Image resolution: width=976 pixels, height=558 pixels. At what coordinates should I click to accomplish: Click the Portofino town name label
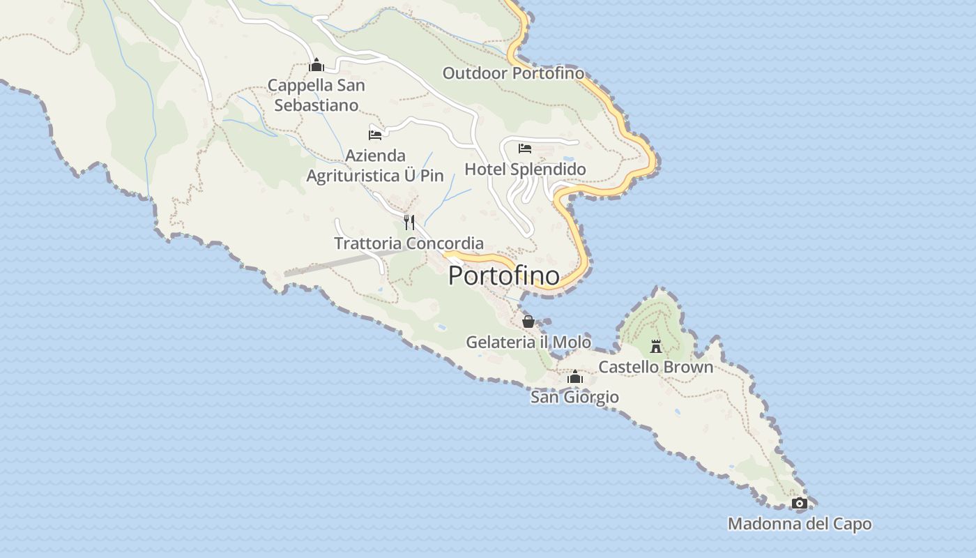point(503,276)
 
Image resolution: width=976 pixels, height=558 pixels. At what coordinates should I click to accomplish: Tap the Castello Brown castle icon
point(655,346)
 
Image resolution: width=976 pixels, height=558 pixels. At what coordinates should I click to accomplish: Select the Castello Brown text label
point(655,367)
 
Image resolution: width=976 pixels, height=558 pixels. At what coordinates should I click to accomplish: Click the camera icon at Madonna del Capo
point(800,503)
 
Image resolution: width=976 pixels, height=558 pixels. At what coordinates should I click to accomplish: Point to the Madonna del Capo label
point(800,524)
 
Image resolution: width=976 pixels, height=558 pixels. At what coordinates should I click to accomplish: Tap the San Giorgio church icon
point(574,377)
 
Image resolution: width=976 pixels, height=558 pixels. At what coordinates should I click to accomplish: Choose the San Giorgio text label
point(574,398)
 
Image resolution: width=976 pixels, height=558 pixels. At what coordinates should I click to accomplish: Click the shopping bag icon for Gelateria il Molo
point(528,322)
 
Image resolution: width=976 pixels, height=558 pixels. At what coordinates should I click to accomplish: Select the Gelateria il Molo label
point(528,342)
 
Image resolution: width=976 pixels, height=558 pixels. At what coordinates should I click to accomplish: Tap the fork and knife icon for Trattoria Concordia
point(409,223)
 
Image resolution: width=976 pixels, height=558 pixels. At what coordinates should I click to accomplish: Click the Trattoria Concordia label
point(409,243)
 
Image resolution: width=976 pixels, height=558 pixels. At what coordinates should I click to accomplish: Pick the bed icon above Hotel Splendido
point(525,148)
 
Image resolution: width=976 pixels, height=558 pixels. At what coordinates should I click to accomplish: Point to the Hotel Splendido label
point(525,169)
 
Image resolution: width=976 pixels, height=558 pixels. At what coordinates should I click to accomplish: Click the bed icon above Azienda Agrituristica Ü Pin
point(375,135)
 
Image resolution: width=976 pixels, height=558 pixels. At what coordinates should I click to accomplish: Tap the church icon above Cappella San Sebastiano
point(317,66)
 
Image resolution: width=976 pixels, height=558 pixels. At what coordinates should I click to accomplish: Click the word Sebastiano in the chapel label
point(317,105)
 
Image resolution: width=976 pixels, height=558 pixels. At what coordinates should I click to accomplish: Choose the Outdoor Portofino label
point(513,73)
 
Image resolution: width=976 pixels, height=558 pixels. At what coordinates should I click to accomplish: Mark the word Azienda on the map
point(375,156)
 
